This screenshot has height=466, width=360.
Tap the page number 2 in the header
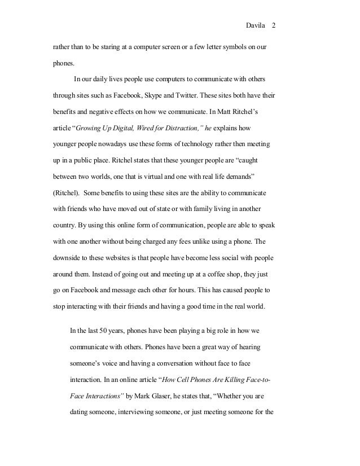click(x=274, y=26)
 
